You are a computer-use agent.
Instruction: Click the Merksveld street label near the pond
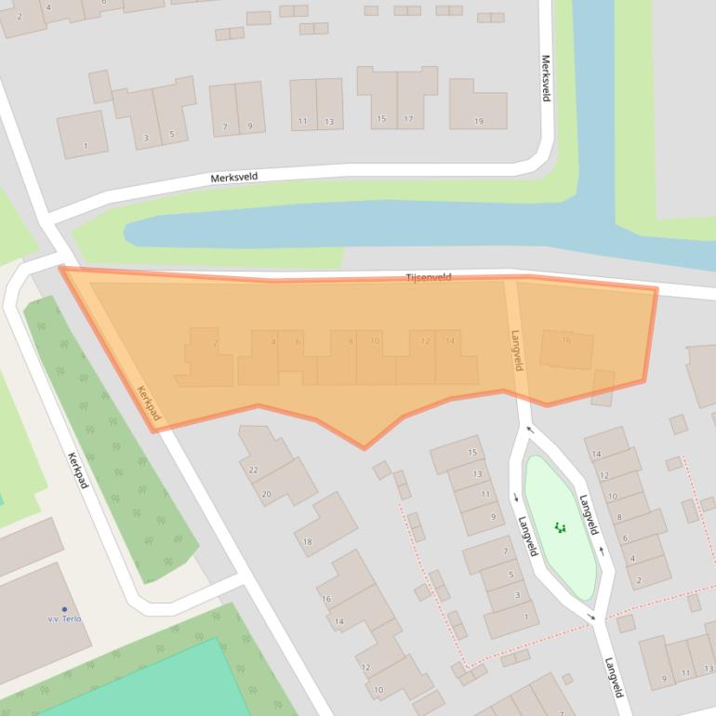[x=233, y=177]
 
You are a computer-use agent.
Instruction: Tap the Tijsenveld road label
[x=429, y=277]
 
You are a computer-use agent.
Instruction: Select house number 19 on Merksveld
[x=479, y=122]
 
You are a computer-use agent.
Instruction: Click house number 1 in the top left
[x=86, y=146]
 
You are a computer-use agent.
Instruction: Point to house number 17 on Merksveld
[x=408, y=120]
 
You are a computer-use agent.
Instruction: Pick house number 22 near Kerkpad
[x=253, y=470]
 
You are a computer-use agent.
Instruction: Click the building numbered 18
[x=308, y=541]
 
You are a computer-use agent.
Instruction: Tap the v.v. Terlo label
[x=65, y=618]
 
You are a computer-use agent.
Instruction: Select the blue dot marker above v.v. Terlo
[x=64, y=608]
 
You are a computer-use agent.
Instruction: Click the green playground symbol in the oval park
[x=560, y=527]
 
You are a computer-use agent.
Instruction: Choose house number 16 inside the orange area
[x=566, y=340]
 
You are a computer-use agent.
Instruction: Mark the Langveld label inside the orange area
[x=516, y=351]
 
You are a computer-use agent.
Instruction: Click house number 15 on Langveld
[x=472, y=453]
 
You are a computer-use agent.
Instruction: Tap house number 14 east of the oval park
[x=597, y=454]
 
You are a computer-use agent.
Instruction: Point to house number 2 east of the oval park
[x=638, y=581]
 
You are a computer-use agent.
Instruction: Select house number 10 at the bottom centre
[x=378, y=690]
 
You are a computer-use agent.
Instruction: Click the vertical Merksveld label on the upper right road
[x=546, y=79]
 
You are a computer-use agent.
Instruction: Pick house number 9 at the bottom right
[x=664, y=679]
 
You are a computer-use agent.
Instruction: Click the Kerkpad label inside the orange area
[x=149, y=403]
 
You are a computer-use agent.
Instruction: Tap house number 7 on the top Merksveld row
[x=224, y=127]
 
